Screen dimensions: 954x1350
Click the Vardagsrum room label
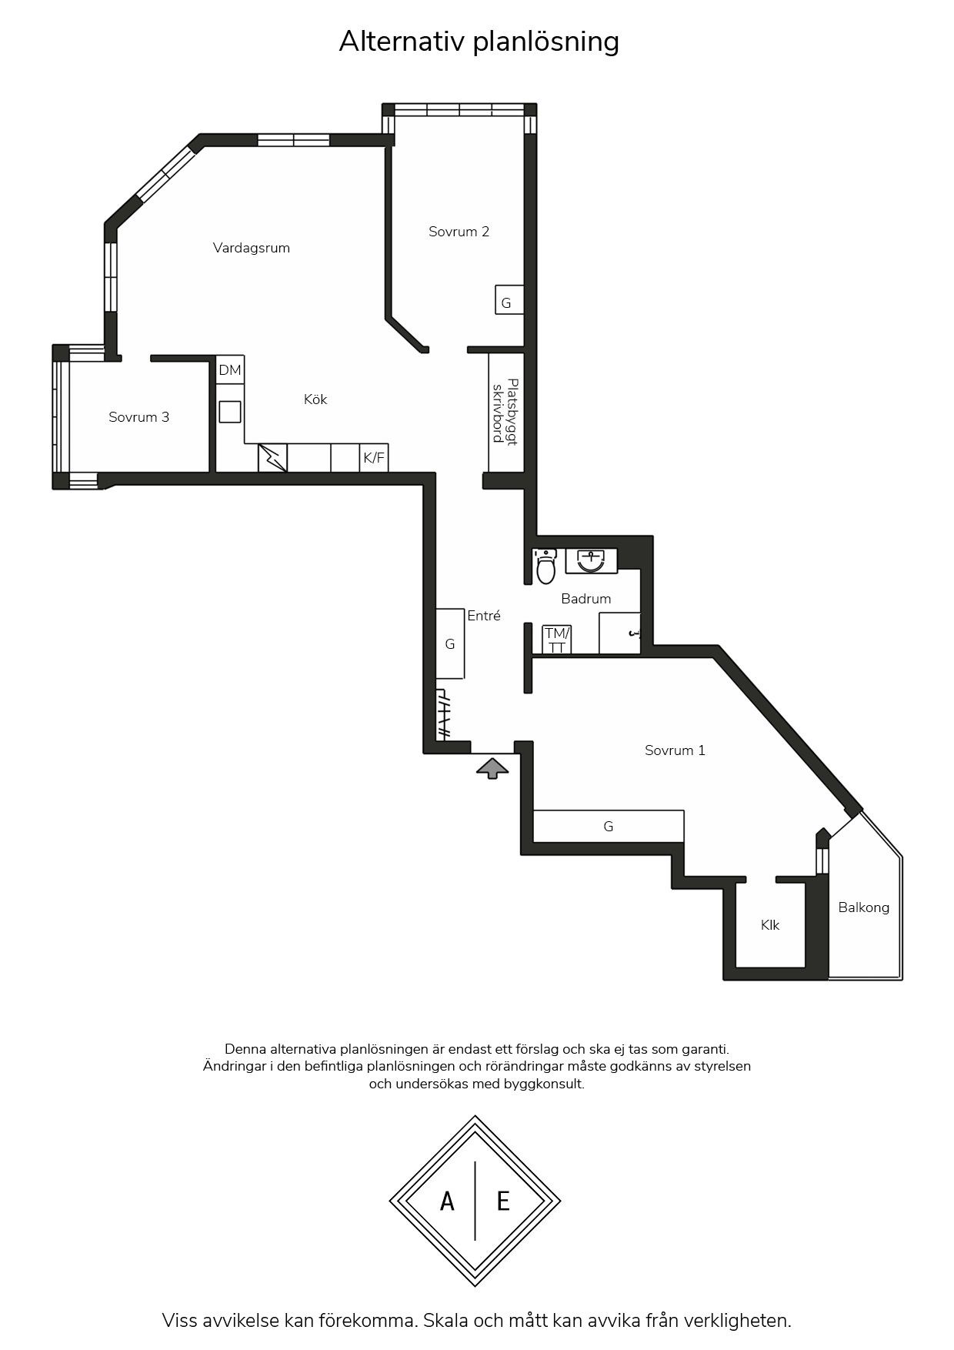pyautogui.click(x=252, y=248)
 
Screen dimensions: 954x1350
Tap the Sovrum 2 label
pyautogui.click(x=459, y=232)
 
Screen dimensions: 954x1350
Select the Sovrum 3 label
pyautogui.click(x=138, y=417)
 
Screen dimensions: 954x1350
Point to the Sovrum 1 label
pyautogui.click(x=675, y=750)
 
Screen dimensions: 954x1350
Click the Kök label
pyautogui.click(x=315, y=399)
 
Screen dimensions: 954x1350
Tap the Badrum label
pyautogui.click(x=586, y=599)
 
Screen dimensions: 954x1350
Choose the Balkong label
pyautogui.click(x=863, y=907)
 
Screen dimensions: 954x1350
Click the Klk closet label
pyautogui.click(x=770, y=925)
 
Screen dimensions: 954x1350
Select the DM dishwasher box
pyautogui.click(x=230, y=370)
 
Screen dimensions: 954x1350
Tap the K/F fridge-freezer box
pyautogui.click(x=374, y=458)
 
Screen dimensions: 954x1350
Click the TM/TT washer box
pyautogui.click(x=556, y=640)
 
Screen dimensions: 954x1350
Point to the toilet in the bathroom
pyautogui.click(x=545, y=566)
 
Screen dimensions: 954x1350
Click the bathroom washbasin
pyautogui.click(x=591, y=560)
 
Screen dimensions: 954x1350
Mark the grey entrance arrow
pyautogui.click(x=492, y=769)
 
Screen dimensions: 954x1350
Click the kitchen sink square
pyautogui.click(x=230, y=412)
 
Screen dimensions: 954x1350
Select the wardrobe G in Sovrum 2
pyautogui.click(x=509, y=300)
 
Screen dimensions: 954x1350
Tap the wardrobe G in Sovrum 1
pyautogui.click(x=609, y=827)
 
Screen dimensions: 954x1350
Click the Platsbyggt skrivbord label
pyautogui.click(x=505, y=412)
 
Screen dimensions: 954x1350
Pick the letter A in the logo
pyautogui.click(x=447, y=1201)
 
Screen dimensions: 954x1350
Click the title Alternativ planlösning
pyautogui.click(x=479, y=42)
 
